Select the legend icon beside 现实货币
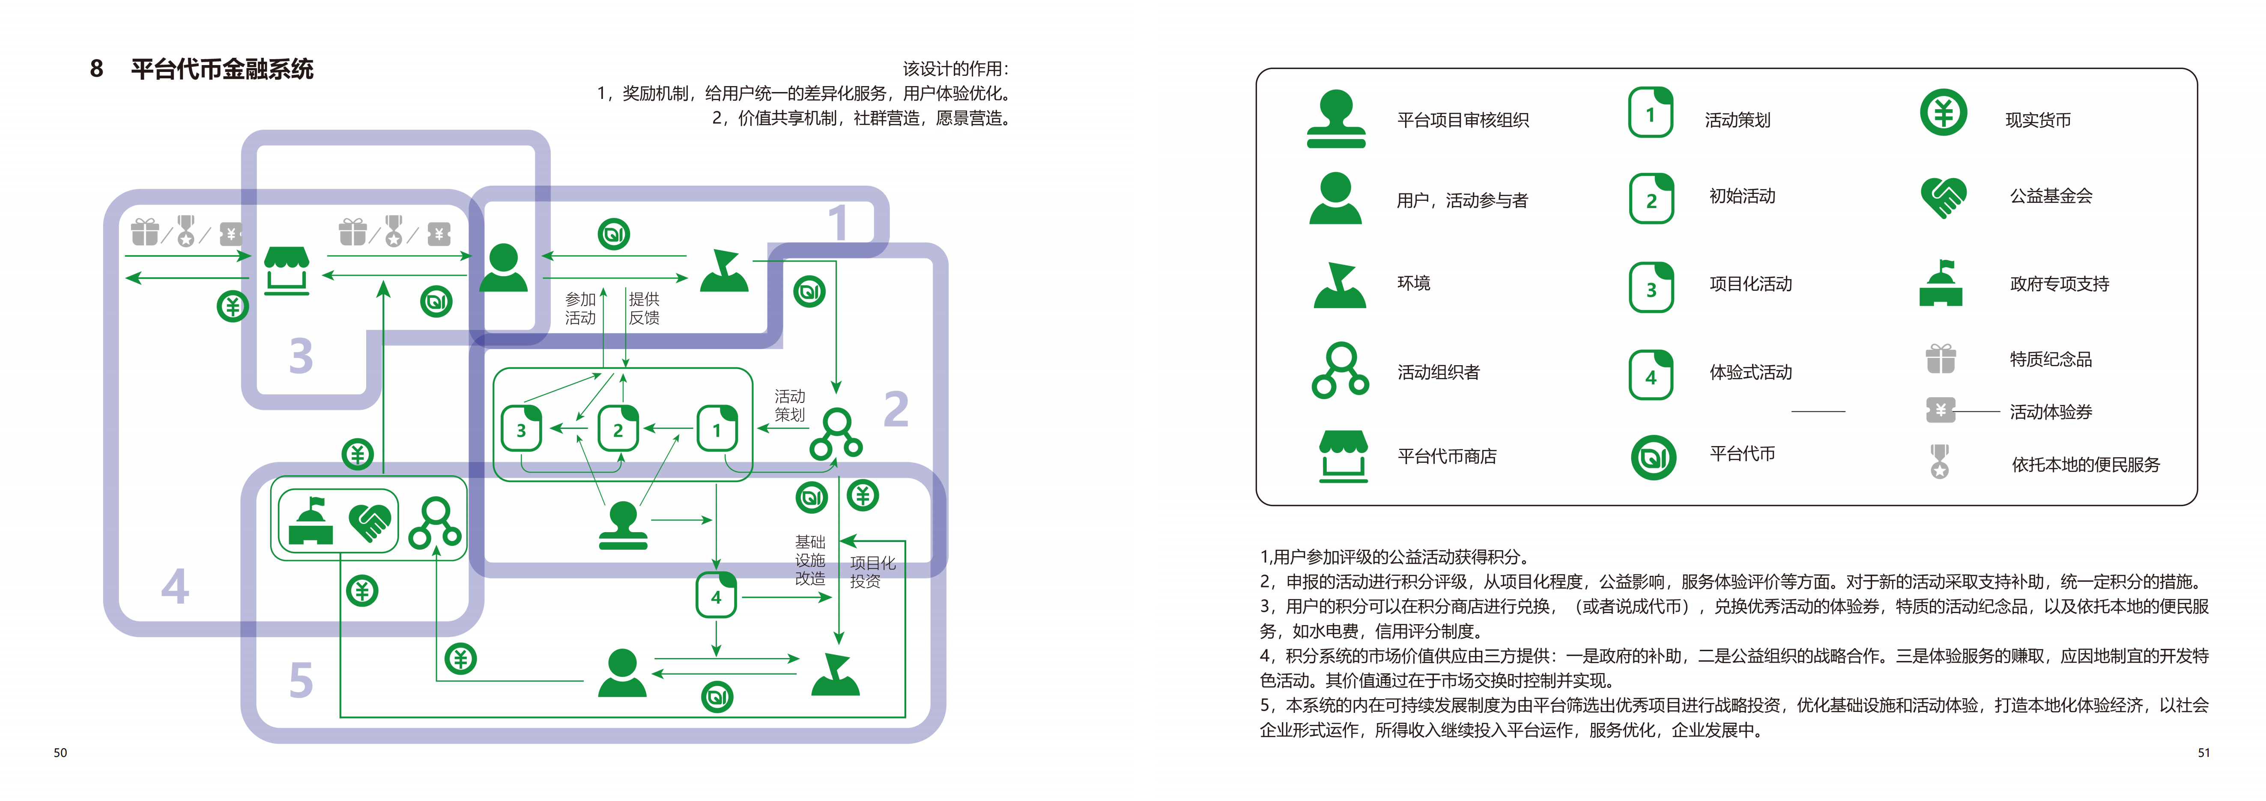pos(1943,113)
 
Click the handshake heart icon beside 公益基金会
pos(1943,197)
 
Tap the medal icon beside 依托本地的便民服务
pos(1940,461)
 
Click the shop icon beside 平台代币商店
pos(1343,456)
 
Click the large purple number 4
pos(175,587)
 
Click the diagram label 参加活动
pos(581,309)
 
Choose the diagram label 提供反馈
pos(644,309)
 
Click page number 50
pos(60,753)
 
